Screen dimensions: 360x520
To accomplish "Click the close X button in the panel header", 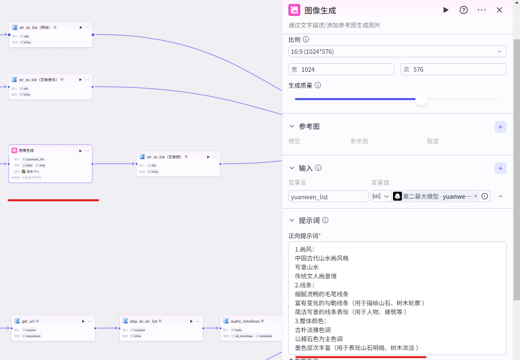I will tap(499, 10).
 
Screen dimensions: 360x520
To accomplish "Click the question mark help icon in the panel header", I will tap(464, 10).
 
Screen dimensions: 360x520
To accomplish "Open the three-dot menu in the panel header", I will tap(482, 10).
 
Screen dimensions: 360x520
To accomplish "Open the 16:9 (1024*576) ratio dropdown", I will tap(397, 51).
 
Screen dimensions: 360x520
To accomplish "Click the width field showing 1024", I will tap(341, 70).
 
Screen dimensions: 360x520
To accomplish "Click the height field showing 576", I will tap(453, 70).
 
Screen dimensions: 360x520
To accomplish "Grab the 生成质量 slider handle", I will tap(421, 99).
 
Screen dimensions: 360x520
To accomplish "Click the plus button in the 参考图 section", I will tap(501, 127).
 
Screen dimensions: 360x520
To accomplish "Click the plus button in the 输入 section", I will tap(501, 168).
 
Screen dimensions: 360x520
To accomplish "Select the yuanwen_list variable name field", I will tap(328, 197).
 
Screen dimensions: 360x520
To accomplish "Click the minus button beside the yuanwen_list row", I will tap(501, 197).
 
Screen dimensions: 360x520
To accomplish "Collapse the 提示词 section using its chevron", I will tap(292, 221).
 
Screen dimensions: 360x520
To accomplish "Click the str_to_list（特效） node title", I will tap(35, 27).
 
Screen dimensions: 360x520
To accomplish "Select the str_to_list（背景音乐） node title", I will tap(38, 80).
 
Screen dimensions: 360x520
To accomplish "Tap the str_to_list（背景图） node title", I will tap(163, 157).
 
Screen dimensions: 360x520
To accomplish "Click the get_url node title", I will tap(28, 321).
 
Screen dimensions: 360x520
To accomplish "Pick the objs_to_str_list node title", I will tap(143, 321).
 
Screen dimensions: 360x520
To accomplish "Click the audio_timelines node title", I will tap(245, 321).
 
